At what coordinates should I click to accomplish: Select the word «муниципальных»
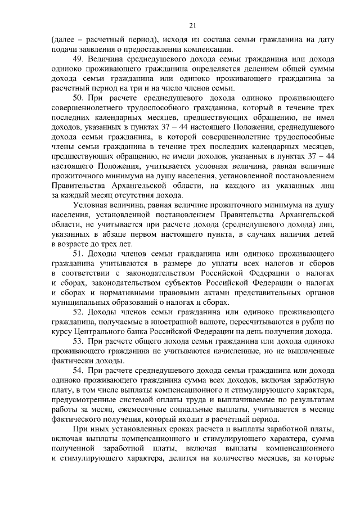(x=82, y=302)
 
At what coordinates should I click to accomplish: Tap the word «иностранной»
(x=155, y=322)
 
